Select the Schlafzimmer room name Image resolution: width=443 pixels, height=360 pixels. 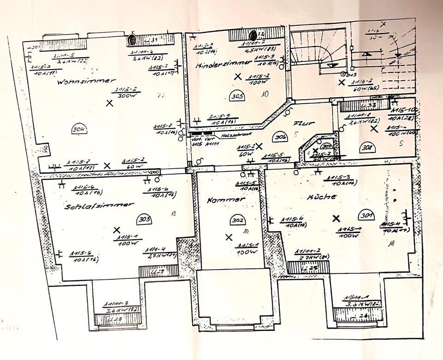(x=99, y=206)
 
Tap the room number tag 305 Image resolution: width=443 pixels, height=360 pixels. (x=238, y=96)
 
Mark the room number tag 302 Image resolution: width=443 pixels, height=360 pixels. (x=238, y=221)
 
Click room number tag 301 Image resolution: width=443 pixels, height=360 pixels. (x=368, y=214)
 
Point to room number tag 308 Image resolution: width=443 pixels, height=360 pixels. (x=368, y=148)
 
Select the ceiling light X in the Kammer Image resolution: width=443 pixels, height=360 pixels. (x=228, y=237)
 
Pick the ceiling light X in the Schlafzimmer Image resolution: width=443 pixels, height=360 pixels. (x=117, y=230)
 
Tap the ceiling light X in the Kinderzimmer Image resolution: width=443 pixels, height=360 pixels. (x=238, y=76)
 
